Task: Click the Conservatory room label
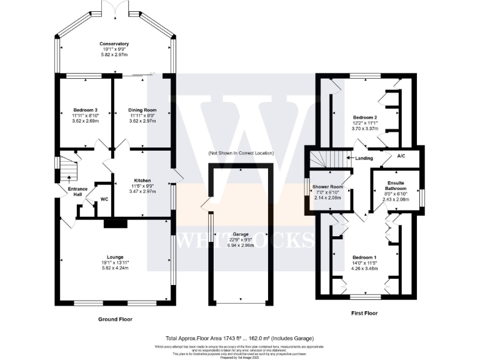[x=114, y=44]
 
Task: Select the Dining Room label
[x=141, y=111]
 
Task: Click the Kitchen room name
[x=142, y=180]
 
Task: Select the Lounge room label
[x=114, y=257]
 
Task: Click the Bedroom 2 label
[x=347, y=117]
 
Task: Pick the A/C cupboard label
[x=401, y=157]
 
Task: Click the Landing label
[x=364, y=158]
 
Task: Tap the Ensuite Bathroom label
[x=395, y=186]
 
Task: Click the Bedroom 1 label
[x=347, y=257]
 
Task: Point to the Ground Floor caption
[x=116, y=319]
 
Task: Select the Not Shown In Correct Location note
[x=241, y=153]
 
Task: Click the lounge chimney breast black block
[x=114, y=222]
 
